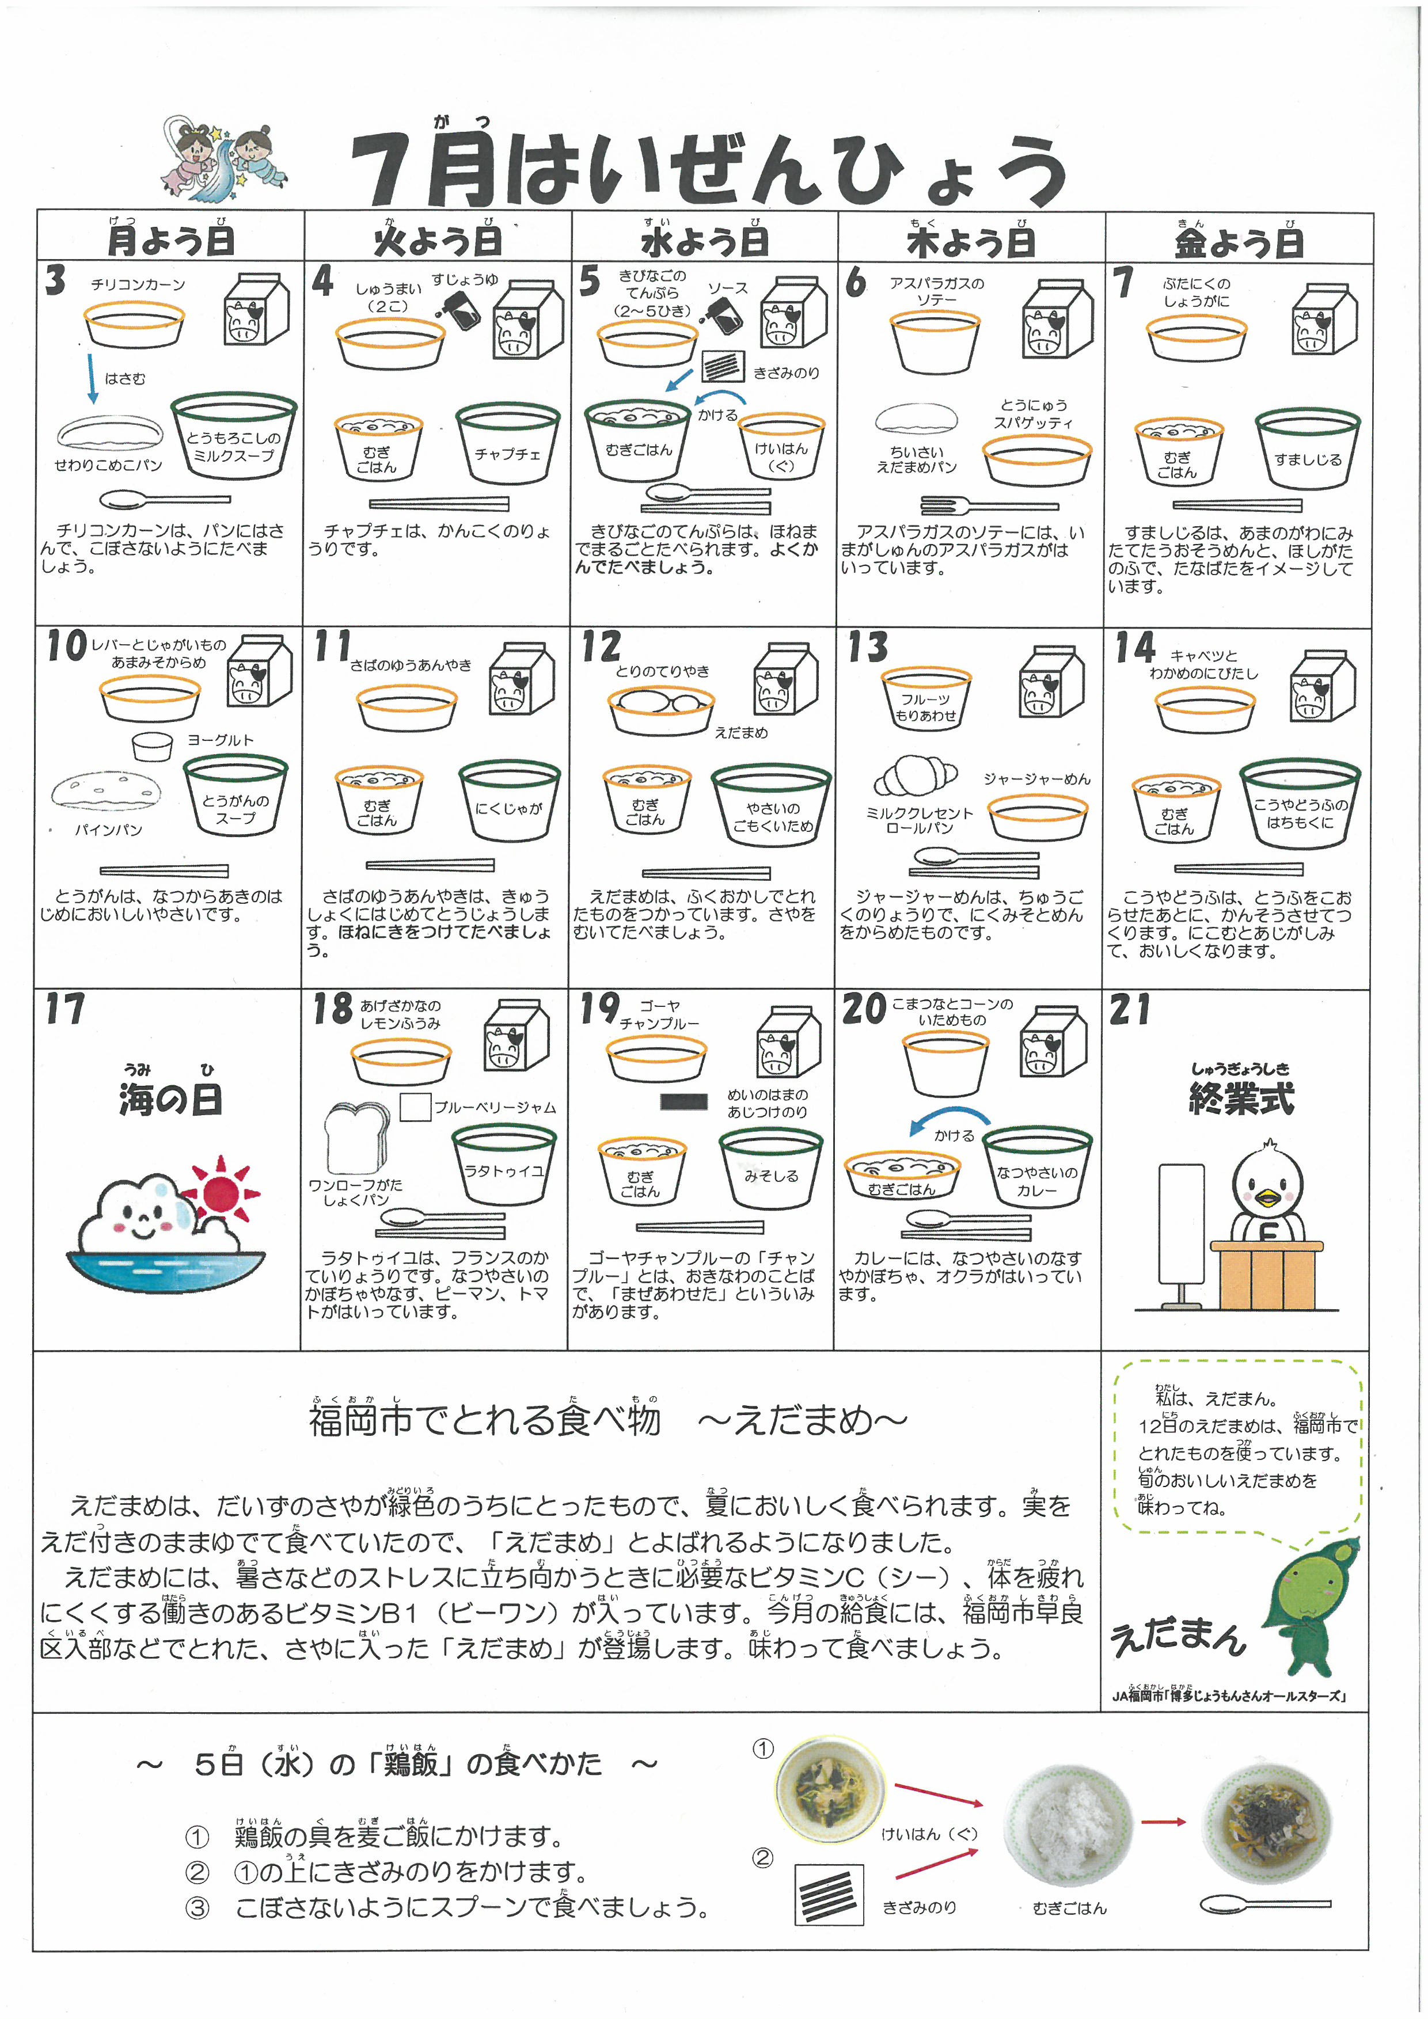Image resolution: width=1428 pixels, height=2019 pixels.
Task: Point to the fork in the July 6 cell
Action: (x=989, y=505)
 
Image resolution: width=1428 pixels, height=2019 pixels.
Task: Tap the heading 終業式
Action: (x=1241, y=1098)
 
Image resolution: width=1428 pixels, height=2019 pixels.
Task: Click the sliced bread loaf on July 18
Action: (x=356, y=1138)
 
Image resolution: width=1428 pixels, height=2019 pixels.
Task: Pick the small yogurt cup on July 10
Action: (x=152, y=747)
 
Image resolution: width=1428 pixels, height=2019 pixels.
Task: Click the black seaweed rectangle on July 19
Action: (x=683, y=1101)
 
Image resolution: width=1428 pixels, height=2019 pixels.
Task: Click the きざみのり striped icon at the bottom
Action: (x=829, y=1895)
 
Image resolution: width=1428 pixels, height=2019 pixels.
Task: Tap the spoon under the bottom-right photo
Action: (x=1265, y=1904)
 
